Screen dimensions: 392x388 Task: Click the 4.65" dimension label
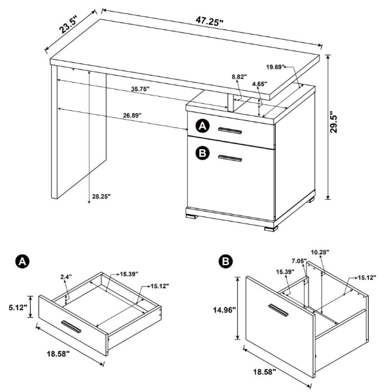click(260, 84)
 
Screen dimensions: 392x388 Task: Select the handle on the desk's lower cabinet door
click(230, 158)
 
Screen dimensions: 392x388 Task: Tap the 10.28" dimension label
click(318, 252)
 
